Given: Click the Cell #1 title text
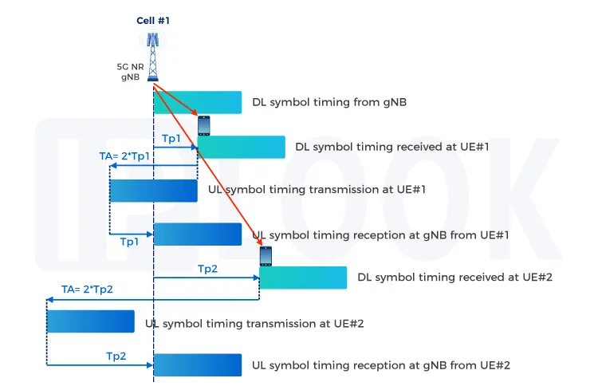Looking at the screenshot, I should coord(153,21).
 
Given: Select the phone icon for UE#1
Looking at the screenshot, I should coord(204,125).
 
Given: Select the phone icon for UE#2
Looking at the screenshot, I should coord(266,256).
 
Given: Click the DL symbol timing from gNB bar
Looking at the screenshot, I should coord(198,102).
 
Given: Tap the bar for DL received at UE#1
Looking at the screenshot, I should coord(241,147).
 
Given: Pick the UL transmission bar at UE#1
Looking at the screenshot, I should coord(153,191).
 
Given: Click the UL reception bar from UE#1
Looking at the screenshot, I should coord(198,234).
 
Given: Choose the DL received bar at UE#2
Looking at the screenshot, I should coord(303,278).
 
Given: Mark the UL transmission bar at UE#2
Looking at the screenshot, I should coord(90,321).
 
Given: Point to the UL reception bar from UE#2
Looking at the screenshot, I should coord(198,364).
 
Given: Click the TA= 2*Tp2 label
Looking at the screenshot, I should coord(88,289).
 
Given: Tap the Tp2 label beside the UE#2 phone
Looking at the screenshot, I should coord(207,270).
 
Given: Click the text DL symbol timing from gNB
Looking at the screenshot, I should coord(319,103).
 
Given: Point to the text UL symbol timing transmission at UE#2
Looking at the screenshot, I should coord(255,324).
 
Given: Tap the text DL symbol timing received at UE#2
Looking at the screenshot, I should coord(455,278).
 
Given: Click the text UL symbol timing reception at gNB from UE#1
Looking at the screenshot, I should coord(380,235).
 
